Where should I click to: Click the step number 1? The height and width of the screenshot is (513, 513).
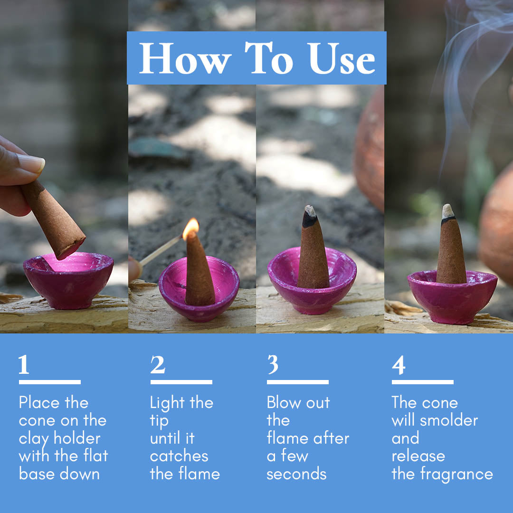(x=24, y=365)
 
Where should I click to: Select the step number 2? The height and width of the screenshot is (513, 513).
(x=158, y=365)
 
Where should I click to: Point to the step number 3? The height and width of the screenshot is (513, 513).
(x=272, y=365)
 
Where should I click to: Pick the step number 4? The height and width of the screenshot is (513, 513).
(x=399, y=365)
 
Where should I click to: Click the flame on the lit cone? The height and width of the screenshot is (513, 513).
(x=190, y=228)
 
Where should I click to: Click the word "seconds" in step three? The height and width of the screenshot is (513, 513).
(x=296, y=474)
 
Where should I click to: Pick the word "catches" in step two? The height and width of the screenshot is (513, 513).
(x=179, y=456)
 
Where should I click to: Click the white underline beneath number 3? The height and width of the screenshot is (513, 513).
(x=297, y=382)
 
